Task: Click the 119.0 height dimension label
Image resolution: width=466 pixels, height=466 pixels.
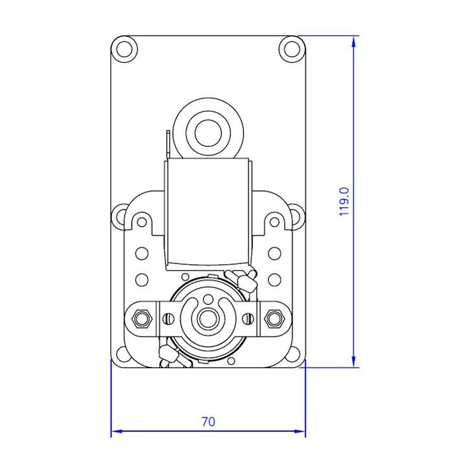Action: [x=344, y=201]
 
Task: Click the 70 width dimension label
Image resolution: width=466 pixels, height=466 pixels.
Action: [x=208, y=422]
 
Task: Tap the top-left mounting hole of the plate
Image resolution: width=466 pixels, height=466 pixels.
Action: [x=124, y=49]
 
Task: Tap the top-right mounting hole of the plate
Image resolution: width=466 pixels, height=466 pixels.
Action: [x=292, y=49]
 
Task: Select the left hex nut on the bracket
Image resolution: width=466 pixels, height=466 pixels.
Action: [x=142, y=319]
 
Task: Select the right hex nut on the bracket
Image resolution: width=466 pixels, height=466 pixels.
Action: [x=275, y=319]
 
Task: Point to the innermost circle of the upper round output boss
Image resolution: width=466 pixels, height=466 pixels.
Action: [x=208, y=133]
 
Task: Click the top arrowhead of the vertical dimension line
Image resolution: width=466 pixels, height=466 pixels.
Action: [x=353, y=41]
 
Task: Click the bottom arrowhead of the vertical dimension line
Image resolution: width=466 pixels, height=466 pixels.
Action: [x=353, y=362]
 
